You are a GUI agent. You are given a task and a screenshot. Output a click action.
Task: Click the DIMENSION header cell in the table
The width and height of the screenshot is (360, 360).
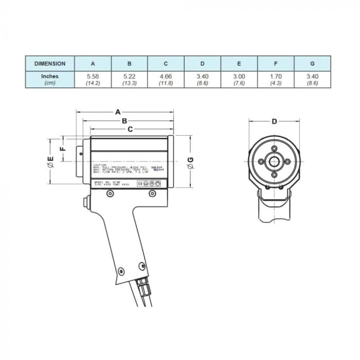click(x=50, y=64)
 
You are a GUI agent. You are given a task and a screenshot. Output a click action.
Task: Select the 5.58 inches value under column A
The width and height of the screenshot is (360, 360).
click(x=93, y=76)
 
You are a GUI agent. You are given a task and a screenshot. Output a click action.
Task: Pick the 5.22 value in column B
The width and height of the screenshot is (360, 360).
click(x=129, y=76)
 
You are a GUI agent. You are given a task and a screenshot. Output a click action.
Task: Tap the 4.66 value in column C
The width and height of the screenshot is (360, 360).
click(x=166, y=76)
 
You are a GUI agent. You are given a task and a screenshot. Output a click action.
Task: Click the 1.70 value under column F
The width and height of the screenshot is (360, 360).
click(x=276, y=76)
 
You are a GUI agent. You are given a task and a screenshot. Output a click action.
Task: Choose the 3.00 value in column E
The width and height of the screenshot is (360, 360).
click(x=239, y=76)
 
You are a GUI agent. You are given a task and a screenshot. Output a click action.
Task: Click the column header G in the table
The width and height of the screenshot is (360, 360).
click(x=312, y=64)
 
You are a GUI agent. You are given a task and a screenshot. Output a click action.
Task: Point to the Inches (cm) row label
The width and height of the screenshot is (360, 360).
click(x=50, y=79)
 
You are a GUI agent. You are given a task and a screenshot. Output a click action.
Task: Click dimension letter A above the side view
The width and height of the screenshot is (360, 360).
click(x=118, y=111)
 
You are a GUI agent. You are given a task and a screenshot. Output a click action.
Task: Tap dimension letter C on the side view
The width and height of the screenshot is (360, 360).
click(x=130, y=129)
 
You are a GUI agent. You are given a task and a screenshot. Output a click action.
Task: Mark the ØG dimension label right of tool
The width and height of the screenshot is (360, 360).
click(x=191, y=161)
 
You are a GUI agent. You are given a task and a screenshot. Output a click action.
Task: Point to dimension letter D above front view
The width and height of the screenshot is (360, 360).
click(x=274, y=121)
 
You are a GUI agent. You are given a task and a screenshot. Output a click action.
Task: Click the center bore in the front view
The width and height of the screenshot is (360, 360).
click(x=274, y=163)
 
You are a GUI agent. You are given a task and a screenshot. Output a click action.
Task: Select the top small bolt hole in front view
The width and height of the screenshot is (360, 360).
click(x=274, y=150)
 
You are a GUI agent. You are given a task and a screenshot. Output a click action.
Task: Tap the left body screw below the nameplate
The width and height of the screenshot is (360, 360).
click(x=110, y=193)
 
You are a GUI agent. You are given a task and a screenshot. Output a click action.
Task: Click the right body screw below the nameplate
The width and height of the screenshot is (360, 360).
click(x=152, y=193)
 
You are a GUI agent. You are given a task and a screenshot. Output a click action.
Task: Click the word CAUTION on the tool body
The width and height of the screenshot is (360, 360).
click(x=100, y=165)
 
